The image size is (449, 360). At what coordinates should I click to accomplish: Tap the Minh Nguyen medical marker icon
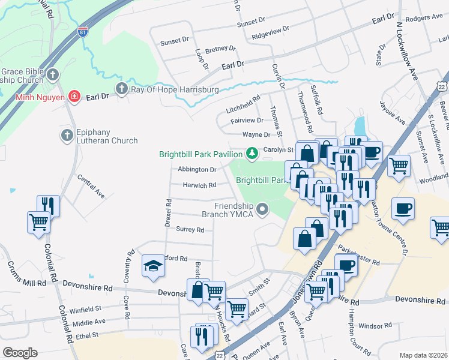(x=74, y=96)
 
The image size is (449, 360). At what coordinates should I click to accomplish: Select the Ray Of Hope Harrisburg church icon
(x=122, y=89)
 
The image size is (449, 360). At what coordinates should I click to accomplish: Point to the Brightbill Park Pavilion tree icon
(x=253, y=154)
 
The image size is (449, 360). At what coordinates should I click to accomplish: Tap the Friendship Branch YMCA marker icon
(x=262, y=209)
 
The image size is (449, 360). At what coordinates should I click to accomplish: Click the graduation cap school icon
(x=153, y=265)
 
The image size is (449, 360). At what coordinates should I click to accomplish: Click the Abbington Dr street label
(x=197, y=170)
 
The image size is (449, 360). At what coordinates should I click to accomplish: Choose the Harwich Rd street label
(x=199, y=185)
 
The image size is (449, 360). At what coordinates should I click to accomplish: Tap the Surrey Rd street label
(x=190, y=229)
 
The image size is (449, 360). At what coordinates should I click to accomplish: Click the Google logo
(x=20, y=352)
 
